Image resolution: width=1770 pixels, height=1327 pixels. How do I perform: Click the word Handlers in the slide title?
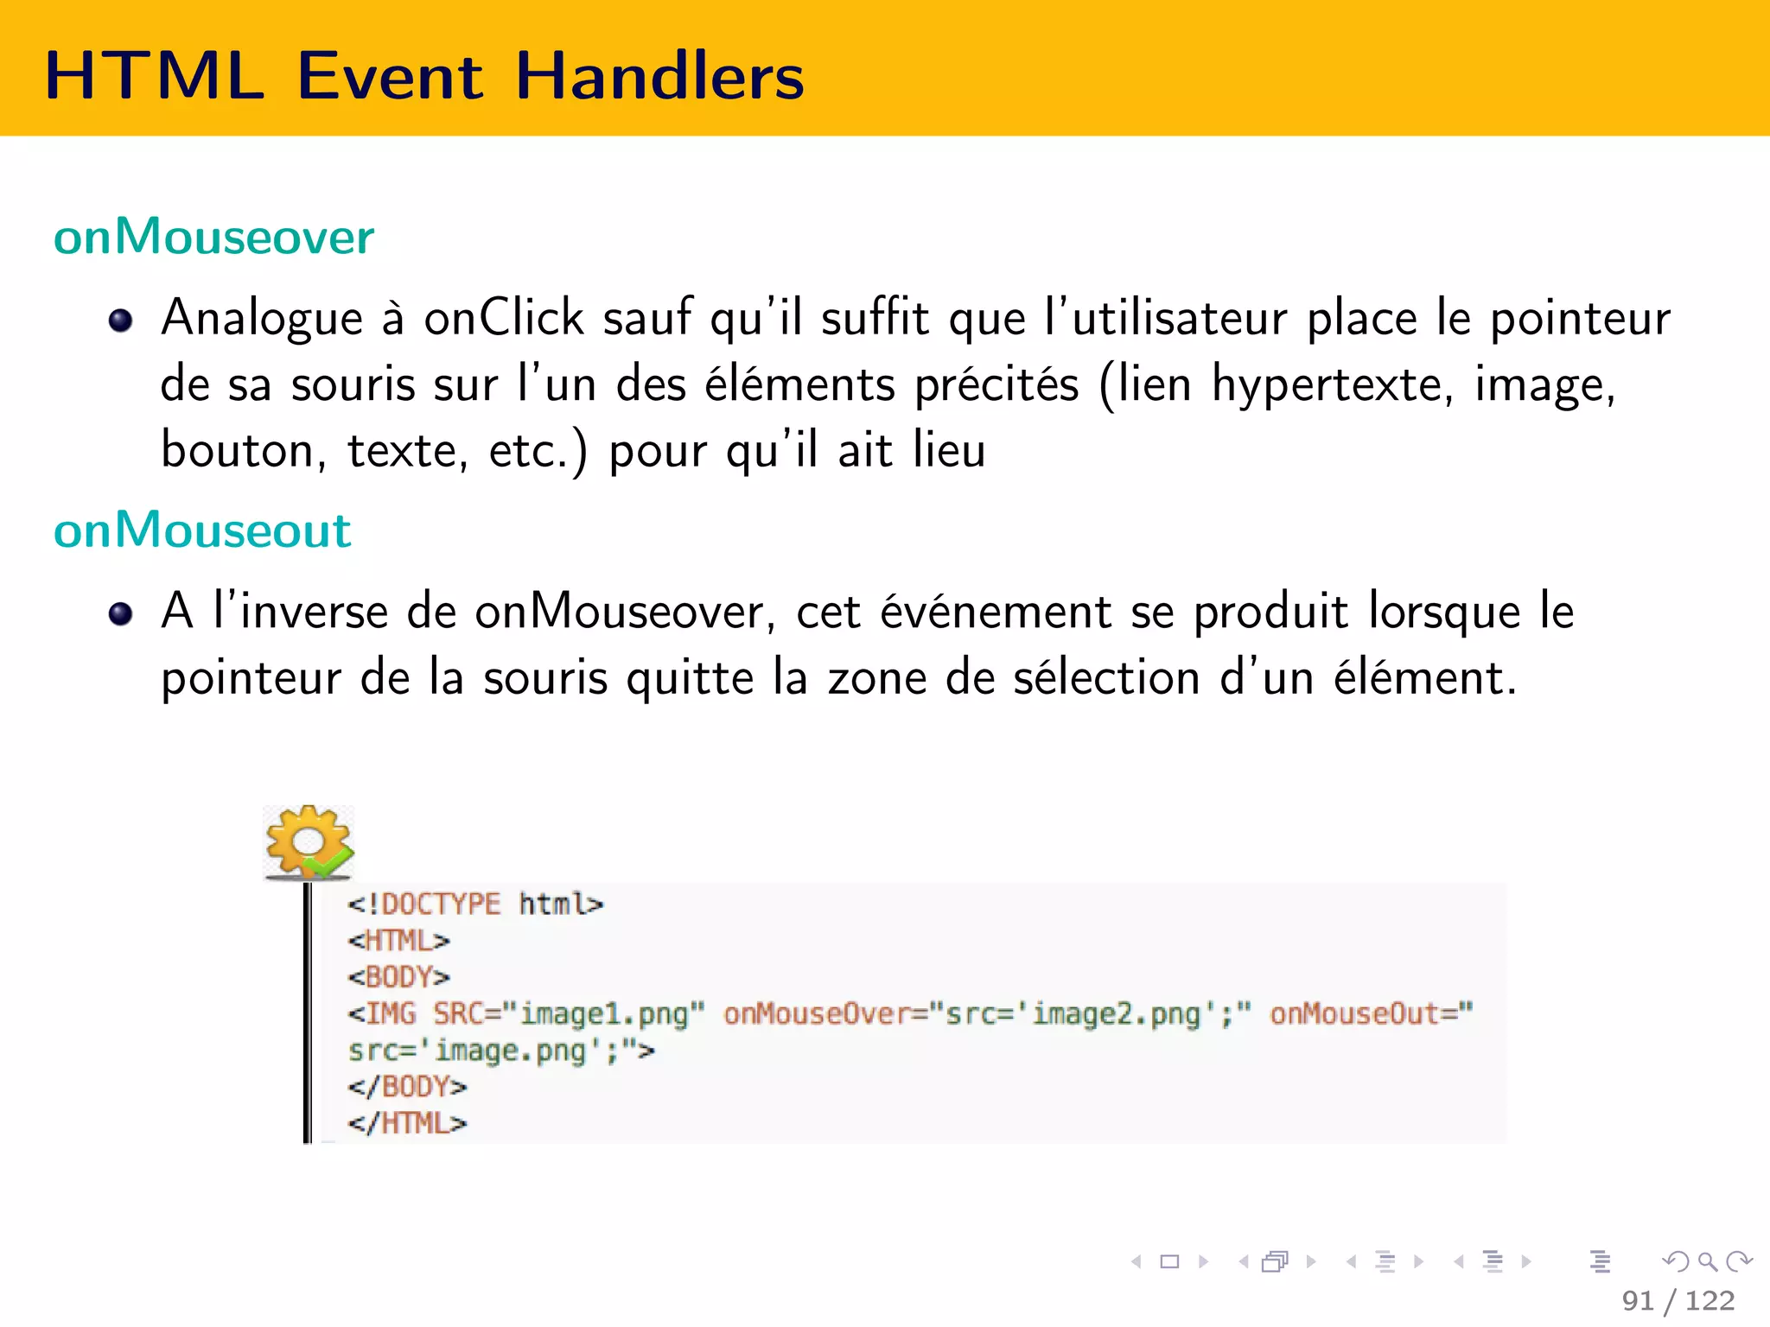point(659,76)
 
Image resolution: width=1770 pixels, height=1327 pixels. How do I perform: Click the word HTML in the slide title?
point(154,76)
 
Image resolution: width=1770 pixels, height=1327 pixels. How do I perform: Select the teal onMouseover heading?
point(213,237)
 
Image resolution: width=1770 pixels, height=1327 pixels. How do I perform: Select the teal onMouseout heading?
point(202,530)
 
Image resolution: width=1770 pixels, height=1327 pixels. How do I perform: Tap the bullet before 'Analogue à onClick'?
point(120,321)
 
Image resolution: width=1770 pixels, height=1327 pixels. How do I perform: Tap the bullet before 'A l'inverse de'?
point(120,614)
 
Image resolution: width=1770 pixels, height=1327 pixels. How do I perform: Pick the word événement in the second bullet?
point(996,612)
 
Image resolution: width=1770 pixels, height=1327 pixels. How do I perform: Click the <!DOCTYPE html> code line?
point(474,905)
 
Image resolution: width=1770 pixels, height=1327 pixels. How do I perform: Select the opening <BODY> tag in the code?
point(398,977)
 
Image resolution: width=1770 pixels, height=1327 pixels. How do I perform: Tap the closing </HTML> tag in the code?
point(407,1123)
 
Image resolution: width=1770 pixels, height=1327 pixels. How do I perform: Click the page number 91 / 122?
point(1678,1300)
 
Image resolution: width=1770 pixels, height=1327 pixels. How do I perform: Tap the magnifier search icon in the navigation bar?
point(1707,1262)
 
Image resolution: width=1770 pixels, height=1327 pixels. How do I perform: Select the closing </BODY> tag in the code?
point(407,1087)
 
